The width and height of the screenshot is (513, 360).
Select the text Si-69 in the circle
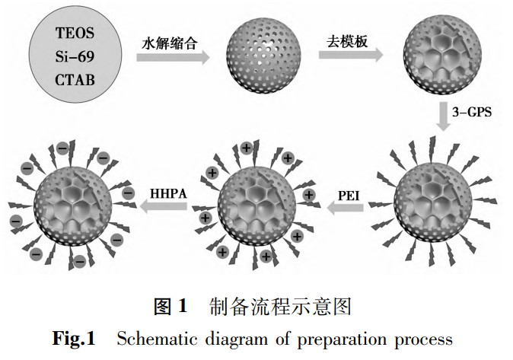click(76, 56)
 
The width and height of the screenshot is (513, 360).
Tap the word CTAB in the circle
click(76, 78)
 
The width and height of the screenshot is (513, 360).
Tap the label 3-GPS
click(473, 112)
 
